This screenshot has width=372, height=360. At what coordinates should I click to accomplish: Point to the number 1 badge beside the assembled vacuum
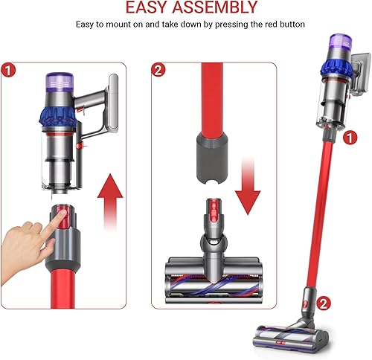click(351, 137)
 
